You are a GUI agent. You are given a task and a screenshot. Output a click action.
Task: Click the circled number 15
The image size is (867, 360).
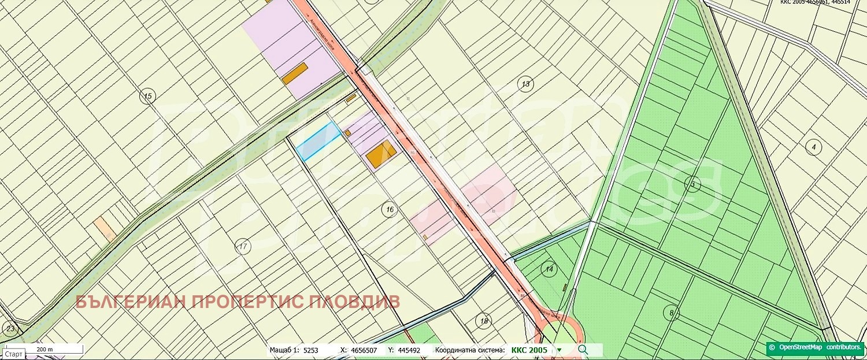[149, 96]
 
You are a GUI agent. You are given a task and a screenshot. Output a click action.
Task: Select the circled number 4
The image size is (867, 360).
[814, 147]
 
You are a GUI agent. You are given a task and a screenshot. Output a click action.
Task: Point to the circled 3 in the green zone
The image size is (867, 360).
[692, 185]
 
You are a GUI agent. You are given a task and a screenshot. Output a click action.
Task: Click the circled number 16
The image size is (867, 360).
[390, 209]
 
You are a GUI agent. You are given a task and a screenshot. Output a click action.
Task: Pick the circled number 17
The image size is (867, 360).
[243, 247]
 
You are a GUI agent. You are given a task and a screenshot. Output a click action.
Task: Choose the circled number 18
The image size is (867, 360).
[484, 321]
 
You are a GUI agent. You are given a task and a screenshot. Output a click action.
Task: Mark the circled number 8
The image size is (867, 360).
[671, 313]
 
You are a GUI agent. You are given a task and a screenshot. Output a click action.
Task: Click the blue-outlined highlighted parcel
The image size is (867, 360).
[318, 141]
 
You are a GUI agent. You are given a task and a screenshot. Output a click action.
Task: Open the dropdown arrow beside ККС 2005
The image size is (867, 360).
[559, 350]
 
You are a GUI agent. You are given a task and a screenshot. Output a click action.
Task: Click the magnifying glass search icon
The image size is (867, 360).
[583, 350]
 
